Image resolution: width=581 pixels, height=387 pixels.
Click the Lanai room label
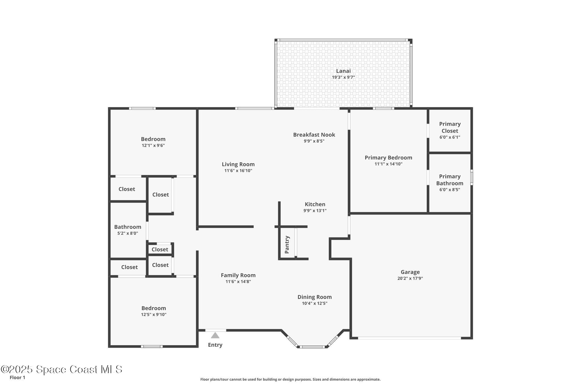[x=343, y=71]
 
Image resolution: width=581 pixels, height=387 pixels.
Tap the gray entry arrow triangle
[x=215, y=335]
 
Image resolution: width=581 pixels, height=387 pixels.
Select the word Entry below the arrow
[x=215, y=345]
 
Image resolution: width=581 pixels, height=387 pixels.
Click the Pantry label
[x=287, y=245]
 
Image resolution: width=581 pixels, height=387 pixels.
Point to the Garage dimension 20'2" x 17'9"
[x=410, y=278]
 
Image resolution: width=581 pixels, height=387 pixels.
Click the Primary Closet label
[x=450, y=127]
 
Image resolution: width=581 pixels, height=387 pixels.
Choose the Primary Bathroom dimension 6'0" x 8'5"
[x=450, y=190]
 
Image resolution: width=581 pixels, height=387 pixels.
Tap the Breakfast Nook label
[x=314, y=135]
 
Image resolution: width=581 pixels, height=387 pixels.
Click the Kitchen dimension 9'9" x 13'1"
[x=315, y=211]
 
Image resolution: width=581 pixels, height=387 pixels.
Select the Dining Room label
[x=314, y=297]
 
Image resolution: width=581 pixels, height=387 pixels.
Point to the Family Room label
[x=238, y=275]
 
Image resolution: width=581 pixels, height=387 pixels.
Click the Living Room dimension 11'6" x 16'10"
[x=238, y=171]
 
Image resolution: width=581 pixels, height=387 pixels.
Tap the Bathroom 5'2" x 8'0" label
[x=128, y=227]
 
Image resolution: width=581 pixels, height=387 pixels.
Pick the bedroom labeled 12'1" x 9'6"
[x=153, y=139]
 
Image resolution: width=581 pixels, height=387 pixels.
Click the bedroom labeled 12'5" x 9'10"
[x=153, y=308]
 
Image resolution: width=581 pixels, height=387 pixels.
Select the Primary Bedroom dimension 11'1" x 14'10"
[x=388, y=164]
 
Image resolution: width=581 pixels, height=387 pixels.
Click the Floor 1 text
[x=17, y=377]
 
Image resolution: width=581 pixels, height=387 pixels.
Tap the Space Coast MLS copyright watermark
[x=62, y=369]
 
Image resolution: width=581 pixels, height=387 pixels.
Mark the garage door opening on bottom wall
[x=409, y=338]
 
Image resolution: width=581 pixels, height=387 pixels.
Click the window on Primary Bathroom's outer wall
[x=471, y=177]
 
